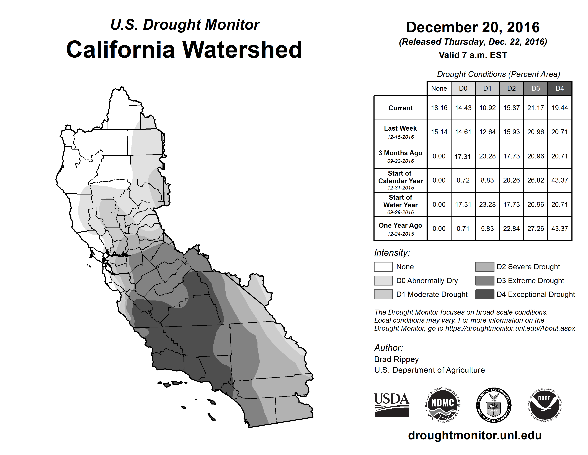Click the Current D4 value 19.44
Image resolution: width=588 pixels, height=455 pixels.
pos(559,108)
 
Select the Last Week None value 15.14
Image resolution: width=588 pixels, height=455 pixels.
pos(439,132)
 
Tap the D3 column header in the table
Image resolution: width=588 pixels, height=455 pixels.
pos(535,88)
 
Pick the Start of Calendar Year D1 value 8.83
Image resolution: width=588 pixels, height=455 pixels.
pos(487,180)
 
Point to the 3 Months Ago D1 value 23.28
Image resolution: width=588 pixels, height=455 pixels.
pos(487,156)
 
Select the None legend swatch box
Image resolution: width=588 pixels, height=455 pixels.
pos(383,267)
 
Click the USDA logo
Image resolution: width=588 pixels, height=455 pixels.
pos(391,405)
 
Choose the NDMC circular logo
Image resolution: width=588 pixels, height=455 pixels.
pos(442,405)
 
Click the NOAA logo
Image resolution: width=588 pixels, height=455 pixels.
pos(544,405)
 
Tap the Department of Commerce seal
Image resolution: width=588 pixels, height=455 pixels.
pos(494,405)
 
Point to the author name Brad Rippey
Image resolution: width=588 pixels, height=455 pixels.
pos(396,359)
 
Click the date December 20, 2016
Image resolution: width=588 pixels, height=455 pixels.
pos(473,27)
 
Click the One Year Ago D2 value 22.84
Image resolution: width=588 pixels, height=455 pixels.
pos(511,229)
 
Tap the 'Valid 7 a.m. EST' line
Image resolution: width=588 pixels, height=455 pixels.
pos(473,55)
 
